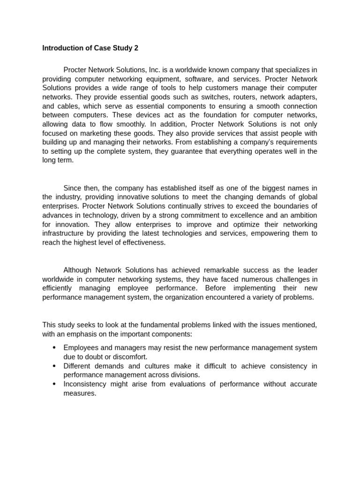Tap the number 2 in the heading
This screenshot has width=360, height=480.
tap(136, 48)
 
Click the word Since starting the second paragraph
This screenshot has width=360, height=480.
tap(73, 188)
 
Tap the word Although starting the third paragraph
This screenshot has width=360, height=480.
tap(78, 270)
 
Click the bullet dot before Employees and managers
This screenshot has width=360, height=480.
tap(54, 348)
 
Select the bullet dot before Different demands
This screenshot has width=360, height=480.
tap(54, 366)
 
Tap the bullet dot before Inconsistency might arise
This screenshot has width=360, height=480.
tap(54, 384)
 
